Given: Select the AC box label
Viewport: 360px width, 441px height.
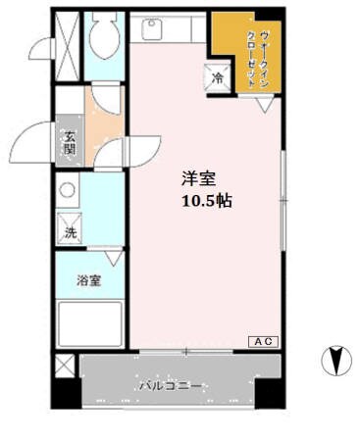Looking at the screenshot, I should [263, 341].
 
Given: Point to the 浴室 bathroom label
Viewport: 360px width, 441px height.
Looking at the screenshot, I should [89, 281].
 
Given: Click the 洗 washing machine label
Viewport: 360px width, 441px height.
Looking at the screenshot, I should [70, 233].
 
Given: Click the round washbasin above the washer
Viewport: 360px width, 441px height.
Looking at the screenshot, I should [68, 191].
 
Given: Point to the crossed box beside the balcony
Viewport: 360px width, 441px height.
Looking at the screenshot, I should [66, 368].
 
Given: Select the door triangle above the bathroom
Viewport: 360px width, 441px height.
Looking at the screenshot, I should [113, 257].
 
